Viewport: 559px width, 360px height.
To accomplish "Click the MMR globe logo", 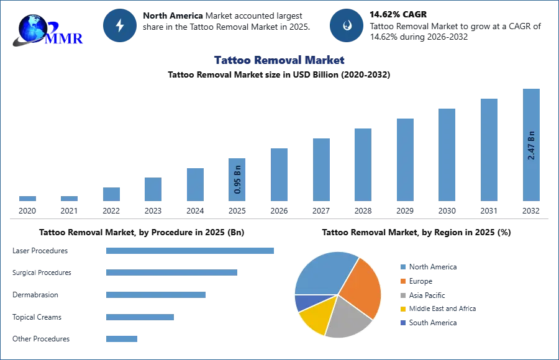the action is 47,30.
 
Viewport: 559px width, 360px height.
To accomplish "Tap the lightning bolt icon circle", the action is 120,25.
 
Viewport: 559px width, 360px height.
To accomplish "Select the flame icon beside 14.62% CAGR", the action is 347,25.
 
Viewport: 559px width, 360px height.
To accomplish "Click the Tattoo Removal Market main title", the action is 279,60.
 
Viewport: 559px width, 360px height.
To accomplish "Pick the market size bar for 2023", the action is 153,189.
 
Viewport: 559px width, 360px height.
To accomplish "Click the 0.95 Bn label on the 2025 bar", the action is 237,179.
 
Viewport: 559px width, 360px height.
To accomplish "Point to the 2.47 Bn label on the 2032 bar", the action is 531,145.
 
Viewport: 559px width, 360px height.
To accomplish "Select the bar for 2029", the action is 405,160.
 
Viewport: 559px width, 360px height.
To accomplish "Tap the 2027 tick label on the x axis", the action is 321,210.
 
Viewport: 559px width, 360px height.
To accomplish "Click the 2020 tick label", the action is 27,210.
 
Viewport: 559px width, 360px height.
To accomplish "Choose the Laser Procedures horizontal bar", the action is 190,251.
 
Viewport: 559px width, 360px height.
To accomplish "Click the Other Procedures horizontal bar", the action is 122,339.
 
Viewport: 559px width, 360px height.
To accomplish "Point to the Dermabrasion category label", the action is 35,295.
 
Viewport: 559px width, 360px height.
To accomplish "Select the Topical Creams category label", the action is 37,317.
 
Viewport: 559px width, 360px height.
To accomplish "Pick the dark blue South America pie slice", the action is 307,302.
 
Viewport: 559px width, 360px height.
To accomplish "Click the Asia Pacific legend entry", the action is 423,295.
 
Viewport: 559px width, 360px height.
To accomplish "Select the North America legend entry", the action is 429,267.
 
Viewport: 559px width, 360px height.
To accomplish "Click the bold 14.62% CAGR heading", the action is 398,15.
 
